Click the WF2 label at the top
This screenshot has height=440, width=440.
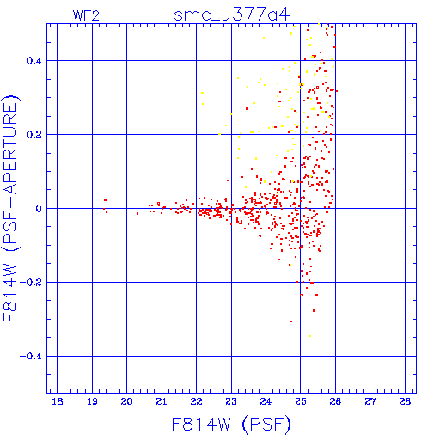tap(86, 15)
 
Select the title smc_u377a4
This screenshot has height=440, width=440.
tap(232, 15)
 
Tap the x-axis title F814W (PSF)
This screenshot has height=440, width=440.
tap(231, 425)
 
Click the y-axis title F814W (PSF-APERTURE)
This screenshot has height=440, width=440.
tap(11, 208)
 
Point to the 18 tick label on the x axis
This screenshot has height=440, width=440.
tap(58, 401)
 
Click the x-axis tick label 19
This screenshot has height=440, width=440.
tap(92, 401)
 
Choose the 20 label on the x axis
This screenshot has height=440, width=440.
tap(126, 401)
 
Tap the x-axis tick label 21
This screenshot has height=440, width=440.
tap(162, 401)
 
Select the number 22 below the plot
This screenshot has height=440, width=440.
tap(197, 401)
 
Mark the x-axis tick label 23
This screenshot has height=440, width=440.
tap(231, 401)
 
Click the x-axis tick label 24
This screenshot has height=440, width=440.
tap(266, 401)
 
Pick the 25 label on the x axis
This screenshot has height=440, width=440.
tap(301, 401)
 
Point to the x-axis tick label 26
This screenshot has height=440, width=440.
tap(335, 401)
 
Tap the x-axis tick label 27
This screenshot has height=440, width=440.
tap(370, 401)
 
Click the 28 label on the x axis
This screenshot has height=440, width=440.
tap(405, 401)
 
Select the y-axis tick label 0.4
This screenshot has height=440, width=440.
tap(34, 61)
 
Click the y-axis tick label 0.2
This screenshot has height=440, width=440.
tap(34, 135)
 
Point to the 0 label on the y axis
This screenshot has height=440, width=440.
tap(39, 209)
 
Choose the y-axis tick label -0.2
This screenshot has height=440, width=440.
tap(31, 283)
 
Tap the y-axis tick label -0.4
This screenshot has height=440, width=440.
tap(31, 357)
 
